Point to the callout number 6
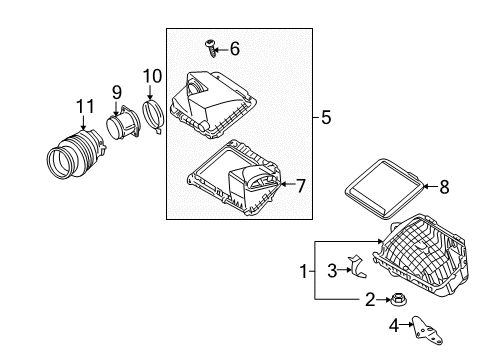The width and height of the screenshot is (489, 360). click(x=235, y=48)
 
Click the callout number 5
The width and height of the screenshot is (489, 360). click(x=326, y=118)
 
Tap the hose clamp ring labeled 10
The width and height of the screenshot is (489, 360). click(x=155, y=116)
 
